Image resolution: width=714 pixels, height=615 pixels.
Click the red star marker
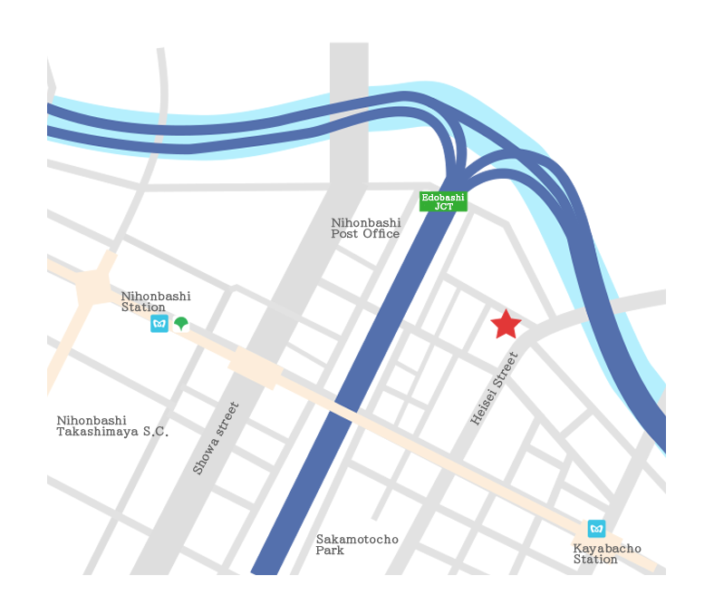coord(506,324)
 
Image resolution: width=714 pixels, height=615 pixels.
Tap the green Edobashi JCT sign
coord(443,201)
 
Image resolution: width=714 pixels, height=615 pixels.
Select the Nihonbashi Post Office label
coord(365,228)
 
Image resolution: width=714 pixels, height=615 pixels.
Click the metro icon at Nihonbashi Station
coord(159,323)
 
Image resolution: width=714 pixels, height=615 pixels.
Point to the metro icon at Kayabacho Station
coord(596,528)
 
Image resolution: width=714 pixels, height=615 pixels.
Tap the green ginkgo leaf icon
coord(181,323)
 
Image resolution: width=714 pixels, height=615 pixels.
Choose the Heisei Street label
coord(494,389)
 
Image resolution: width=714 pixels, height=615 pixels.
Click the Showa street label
coord(217,437)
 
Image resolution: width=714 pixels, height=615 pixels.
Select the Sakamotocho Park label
coord(357,544)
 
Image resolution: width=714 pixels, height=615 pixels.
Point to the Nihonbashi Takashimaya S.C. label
coord(112,426)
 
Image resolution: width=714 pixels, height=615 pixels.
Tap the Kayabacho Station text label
coord(606,554)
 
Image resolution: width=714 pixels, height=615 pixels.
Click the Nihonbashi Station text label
coord(156,301)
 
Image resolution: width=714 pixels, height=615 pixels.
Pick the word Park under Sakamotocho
coord(330,551)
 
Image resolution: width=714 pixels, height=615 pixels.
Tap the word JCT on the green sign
coord(444,207)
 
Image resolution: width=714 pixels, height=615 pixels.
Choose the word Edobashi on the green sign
coord(443,197)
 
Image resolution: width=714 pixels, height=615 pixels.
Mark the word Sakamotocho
coord(357,540)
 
